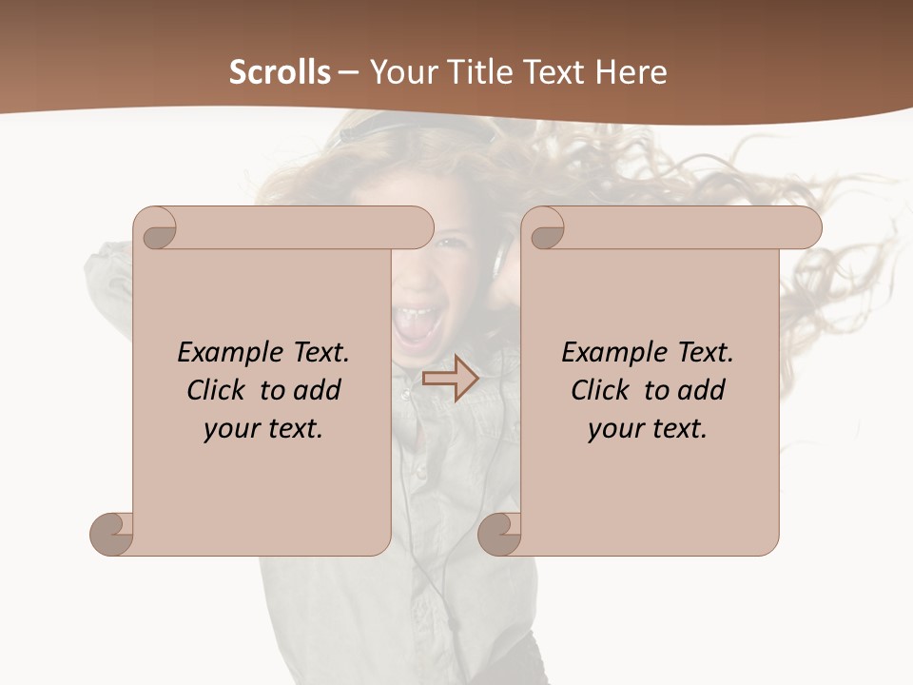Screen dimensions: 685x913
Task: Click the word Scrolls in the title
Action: (280, 72)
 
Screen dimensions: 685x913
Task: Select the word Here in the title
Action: (631, 72)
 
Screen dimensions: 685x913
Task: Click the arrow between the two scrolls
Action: (450, 379)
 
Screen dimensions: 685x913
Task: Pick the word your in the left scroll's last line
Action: (232, 429)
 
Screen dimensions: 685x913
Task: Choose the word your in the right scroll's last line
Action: (616, 429)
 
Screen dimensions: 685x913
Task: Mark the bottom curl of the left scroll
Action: (112, 534)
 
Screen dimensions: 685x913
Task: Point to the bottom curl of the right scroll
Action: (499, 534)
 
